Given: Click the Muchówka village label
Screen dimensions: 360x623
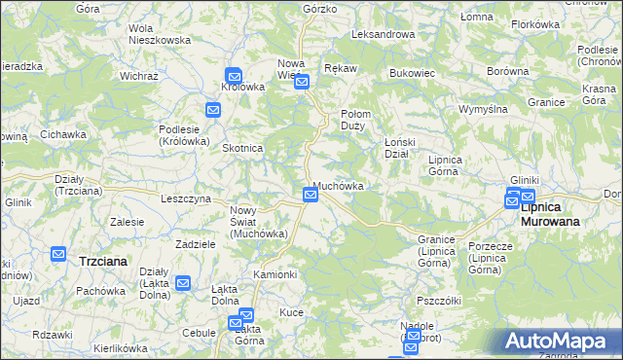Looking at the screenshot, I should (x=339, y=185).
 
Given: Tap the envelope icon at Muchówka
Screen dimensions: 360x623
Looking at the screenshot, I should (x=310, y=195).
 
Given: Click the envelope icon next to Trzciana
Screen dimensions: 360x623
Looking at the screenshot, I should (x=57, y=254).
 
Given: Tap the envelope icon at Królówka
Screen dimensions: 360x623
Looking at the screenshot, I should (x=234, y=74).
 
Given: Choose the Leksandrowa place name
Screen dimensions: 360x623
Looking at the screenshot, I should (x=383, y=34).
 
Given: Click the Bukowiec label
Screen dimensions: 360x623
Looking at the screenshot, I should (x=411, y=73).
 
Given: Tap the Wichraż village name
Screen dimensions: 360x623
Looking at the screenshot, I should (x=139, y=75).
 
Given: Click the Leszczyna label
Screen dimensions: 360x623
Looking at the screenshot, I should (x=186, y=198).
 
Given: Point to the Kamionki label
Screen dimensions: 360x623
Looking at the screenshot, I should (x=275, y=274).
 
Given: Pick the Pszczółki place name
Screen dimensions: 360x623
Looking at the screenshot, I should (x=438, y=301).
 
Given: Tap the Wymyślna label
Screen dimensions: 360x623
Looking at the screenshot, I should (x=484, y=109).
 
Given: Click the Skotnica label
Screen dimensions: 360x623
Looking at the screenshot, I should (x=243, y=148).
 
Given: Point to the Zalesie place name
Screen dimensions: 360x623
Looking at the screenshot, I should (x=128, y=222).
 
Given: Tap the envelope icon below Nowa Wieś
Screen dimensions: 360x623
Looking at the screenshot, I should (x=302, y=82).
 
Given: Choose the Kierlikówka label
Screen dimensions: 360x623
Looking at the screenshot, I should (x=121, y=347).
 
